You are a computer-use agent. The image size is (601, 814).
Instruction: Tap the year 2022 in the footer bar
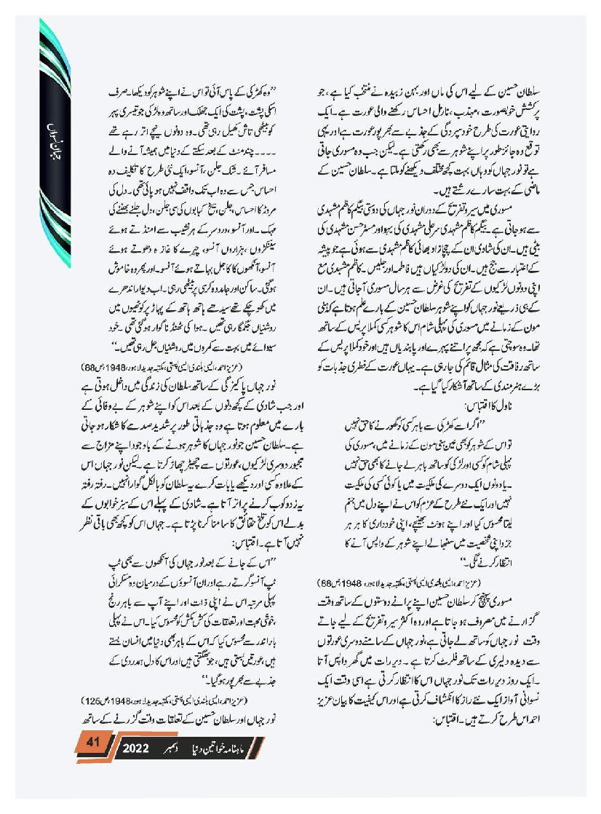pyautogui.click(x=136, y=748)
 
